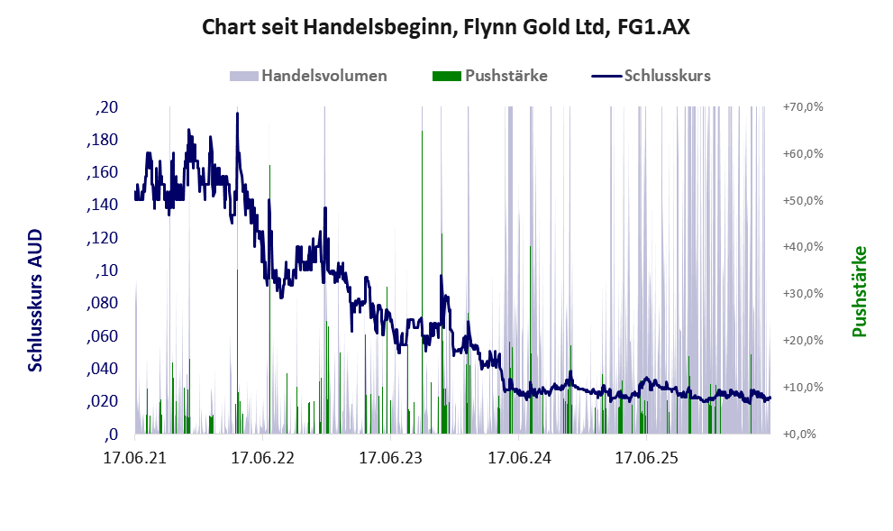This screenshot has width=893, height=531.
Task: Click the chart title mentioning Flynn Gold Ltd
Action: point(446,27)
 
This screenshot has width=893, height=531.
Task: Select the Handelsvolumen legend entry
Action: point(308,76)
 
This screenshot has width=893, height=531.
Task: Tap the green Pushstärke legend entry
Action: point(490,76)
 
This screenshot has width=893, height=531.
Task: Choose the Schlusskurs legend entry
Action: point(651,76)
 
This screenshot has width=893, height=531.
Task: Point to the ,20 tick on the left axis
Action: point(106,107)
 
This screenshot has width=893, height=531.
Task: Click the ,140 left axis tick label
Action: point(103,206)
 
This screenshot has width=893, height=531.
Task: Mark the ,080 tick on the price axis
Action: point(103,303)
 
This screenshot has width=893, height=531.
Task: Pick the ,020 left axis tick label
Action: point(103,402)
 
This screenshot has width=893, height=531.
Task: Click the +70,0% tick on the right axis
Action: point(803,107)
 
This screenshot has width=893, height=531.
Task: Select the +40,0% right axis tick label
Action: point(803,247)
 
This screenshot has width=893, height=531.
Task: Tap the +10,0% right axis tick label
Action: point(803,388)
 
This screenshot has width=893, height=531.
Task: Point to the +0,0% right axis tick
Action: point(799,435)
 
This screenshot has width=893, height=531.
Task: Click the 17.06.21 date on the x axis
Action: point(135,457)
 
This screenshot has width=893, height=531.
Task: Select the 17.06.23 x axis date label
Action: point(391,457)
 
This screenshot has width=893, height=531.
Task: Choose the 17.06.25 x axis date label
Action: point(646,457)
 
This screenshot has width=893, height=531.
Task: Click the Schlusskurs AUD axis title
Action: point(35,300)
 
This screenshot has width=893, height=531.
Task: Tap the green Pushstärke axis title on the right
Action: point(860,291)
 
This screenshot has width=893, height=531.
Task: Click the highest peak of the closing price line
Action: point(238,114)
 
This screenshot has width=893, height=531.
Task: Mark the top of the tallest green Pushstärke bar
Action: point(422,131)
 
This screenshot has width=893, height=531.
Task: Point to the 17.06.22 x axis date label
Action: point(262,457)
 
